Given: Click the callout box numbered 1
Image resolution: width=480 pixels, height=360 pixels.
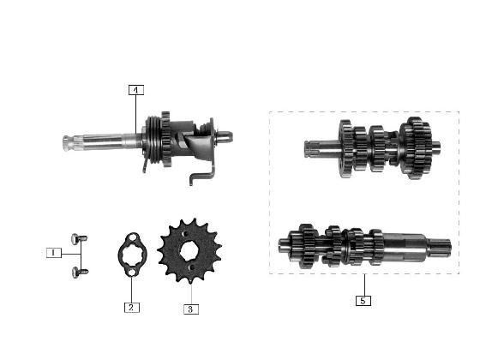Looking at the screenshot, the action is [x=53, y=253].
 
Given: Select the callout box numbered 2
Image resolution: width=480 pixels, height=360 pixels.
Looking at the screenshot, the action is [x=132, y=308].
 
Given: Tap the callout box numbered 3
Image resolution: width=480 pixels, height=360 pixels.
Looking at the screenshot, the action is [x=190, y=309].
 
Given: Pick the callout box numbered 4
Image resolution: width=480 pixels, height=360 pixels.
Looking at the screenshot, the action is [x=136, y=90].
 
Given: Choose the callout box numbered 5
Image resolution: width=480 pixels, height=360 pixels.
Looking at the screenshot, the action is [x=363, y=301].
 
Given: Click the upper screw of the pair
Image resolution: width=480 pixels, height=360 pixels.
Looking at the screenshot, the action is [x=79, y=239].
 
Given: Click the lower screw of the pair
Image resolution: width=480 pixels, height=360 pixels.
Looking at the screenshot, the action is [x=80, y=273].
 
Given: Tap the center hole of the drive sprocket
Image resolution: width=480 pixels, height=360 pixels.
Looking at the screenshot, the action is [x=189, y=250].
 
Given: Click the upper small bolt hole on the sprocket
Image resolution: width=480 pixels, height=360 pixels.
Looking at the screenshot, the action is [x=184, y=234].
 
